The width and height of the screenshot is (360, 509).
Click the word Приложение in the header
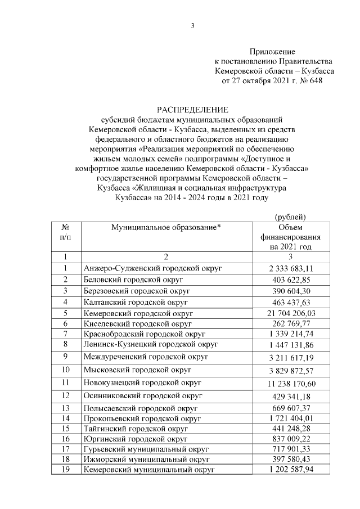[x=272, y=51]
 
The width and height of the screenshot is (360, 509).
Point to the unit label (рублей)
[x=290, y=216]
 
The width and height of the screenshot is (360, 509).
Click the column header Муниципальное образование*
[x=166, y=227]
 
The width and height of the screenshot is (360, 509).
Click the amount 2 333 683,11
[x=290, y=268]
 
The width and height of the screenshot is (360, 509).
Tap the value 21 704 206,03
[x=290, y=312]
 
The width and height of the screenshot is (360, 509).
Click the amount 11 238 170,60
[x=290, y=383]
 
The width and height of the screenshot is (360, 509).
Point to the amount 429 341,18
[x=290, y=397]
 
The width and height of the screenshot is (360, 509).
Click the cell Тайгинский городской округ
[x=135, y=429]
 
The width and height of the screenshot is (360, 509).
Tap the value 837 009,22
[x=290, y=439]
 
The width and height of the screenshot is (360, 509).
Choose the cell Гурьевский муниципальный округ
[x=146, y=449]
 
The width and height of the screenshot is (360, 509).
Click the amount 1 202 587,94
[x=290, y=470]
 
